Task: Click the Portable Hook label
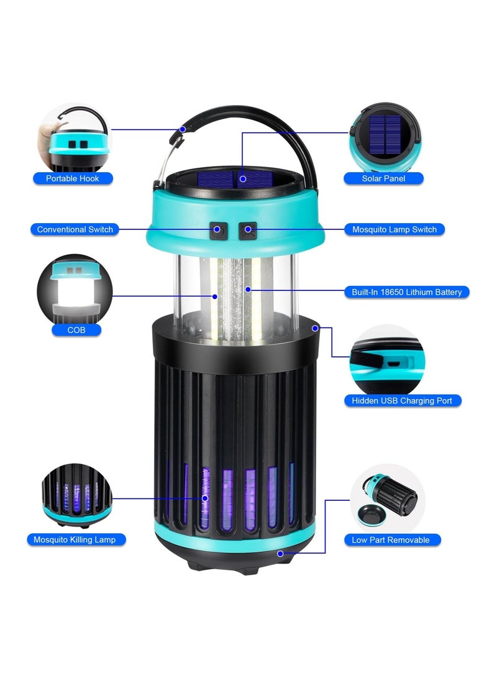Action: pos(72,178)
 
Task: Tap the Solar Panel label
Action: pos(383,178)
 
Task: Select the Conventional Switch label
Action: pos(75,229)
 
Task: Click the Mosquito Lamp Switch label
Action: pos(394,229)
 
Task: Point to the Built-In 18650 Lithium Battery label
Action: pos(406,291)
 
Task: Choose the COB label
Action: pos(76,330)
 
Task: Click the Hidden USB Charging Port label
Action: pos(402,401)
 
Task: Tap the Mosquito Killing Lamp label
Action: pos(75,539)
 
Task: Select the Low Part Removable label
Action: pos(390,540)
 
